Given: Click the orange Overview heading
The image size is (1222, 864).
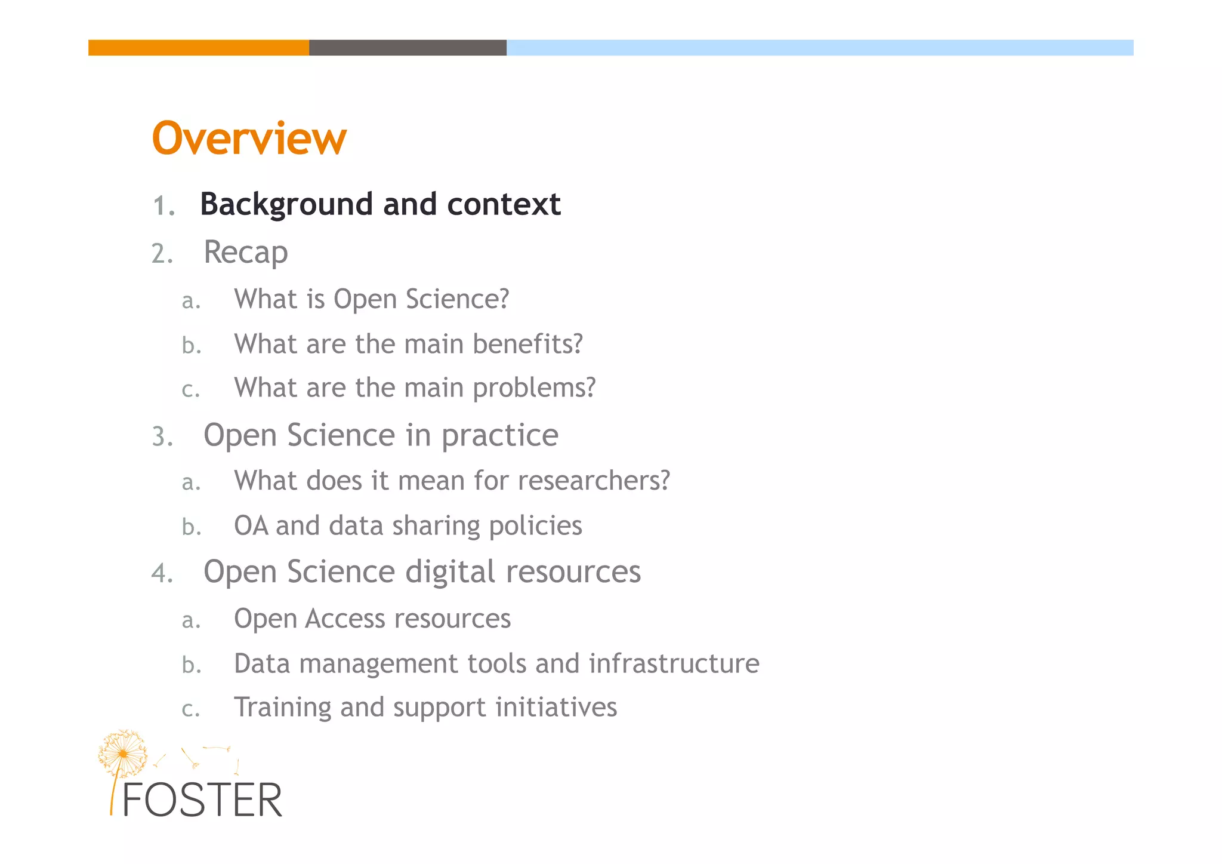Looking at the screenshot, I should click(x=249, y=138).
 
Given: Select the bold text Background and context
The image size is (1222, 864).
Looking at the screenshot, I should click(x=380, y=204).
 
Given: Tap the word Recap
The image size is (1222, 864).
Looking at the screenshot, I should click(x=246, y=252).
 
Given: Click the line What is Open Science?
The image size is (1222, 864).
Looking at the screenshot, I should click(x=371, y=299).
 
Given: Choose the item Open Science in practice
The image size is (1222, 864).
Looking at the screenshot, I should click(x=381, y=435).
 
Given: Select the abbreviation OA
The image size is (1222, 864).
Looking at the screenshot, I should click(x=251, y=526).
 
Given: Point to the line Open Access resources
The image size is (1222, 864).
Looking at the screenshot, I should click(x=372, y=619).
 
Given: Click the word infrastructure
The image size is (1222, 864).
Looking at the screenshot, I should click(x=674, y=663).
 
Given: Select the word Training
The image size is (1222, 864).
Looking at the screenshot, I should click(x=282, y=708).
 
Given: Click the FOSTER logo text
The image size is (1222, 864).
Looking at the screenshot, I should click(x=202, y=800).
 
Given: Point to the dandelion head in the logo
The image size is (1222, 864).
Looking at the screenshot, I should click(x=123, y=754).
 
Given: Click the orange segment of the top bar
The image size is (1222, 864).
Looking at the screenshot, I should click(x=198, y=48).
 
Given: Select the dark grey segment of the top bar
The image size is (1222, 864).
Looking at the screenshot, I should click(x=408, y=48).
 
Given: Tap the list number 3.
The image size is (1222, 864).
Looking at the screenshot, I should click(x=161, y=437).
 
